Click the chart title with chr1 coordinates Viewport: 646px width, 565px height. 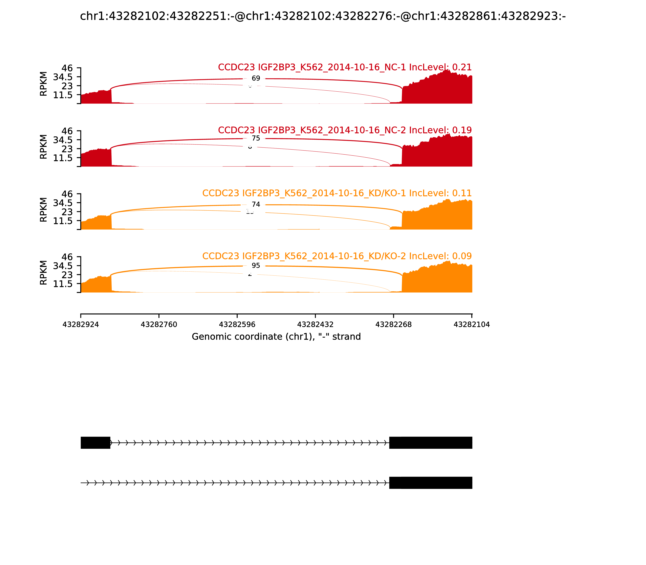point(323,16)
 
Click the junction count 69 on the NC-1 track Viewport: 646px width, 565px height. point(256,78)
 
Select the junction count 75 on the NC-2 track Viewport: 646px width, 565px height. point(256,138)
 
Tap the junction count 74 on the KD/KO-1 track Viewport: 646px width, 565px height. point(256,204)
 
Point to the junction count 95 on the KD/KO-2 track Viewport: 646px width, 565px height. point(256,266)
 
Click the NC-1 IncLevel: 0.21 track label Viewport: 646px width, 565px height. point(345,67)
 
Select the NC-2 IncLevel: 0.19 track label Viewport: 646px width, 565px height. point(345,130)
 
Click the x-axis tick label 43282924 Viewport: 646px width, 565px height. point(81,324)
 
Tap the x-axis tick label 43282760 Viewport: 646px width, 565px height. point(159,324)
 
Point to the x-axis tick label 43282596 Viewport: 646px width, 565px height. point(237,324)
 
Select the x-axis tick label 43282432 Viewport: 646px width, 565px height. point(315,324)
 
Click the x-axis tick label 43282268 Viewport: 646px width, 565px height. point(394,324)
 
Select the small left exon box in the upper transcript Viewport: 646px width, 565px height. point(95,443)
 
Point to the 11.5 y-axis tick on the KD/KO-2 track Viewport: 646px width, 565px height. point(63,284)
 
